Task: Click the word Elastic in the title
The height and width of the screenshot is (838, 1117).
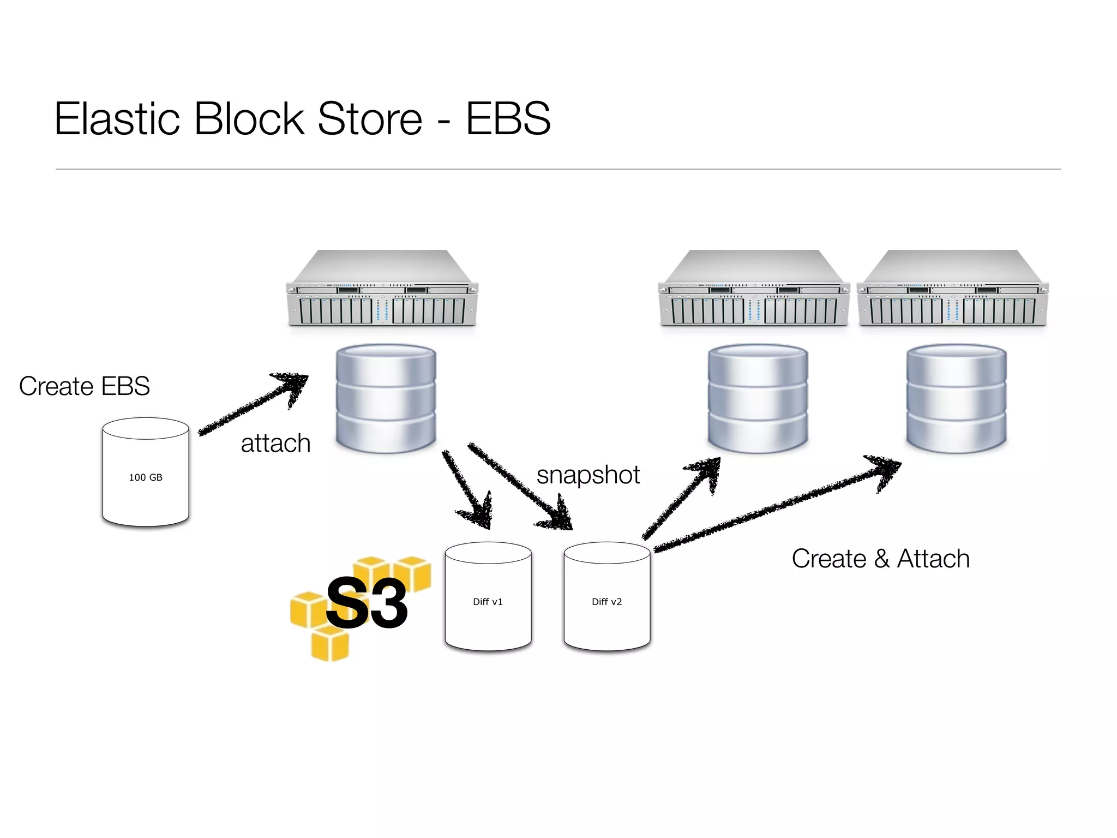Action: click(117, 118)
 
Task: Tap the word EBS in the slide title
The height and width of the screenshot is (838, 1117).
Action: click(508, 118)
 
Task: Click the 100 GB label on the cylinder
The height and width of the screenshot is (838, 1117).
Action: click(146, 477)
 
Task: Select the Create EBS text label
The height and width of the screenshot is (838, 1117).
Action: click(85, 386)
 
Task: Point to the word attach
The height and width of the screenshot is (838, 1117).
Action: click(275, 443)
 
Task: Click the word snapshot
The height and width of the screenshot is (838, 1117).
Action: click(588, 475)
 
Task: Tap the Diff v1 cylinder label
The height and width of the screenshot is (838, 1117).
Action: click(488, 602)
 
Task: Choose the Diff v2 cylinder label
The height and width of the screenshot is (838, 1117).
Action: click(606, 602)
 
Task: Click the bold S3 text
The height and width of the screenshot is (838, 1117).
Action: click(367, 603)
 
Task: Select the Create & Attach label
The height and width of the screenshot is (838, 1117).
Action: click(880, 559)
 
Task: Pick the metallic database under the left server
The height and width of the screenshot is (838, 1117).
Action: click(386, 398)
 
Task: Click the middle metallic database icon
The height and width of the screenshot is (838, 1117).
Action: click(758, 398)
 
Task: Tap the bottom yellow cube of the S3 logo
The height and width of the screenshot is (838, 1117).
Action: click(329, 644)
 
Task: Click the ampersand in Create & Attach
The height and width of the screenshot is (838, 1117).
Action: click(881, 559)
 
